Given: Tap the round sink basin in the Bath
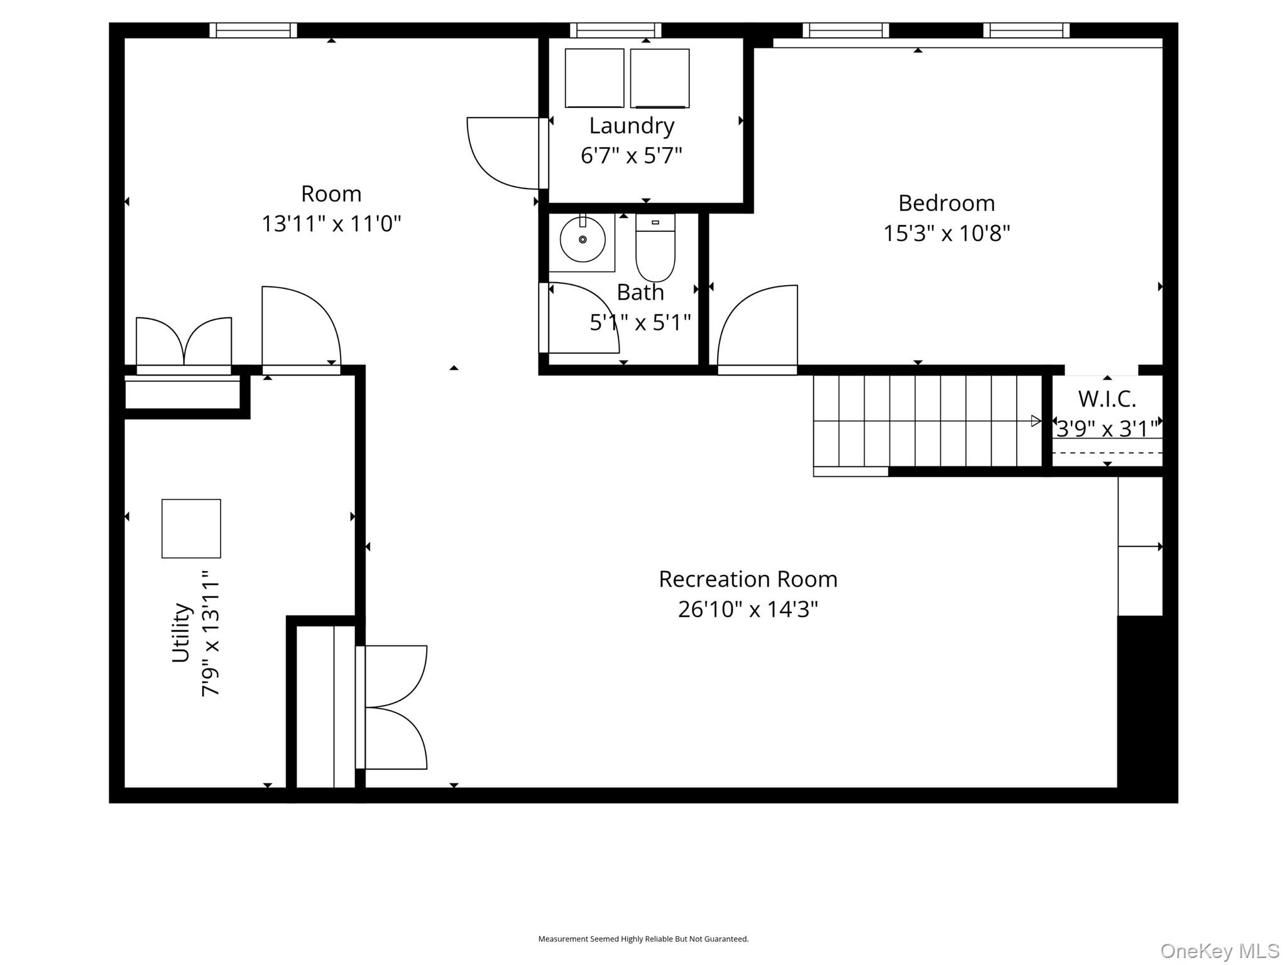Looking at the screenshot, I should pyautogui.click(x=583, y=239).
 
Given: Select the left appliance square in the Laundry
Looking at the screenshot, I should pyautogui.click(x=594, y=78).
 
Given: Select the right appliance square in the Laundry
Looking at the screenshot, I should pyautogui.click(x=660, y=78).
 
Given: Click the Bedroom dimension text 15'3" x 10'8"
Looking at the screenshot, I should pyautogui.click(x=946, y=234).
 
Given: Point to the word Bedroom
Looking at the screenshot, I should pyautogui.click(x=946, y=204).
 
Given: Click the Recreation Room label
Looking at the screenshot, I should pyautogui.click(x=748, y=579).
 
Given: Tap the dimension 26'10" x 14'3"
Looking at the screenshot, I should pyautogui.click(x=748, y=609).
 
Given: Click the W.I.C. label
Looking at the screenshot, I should pyautogui.click(x=1107, y=399).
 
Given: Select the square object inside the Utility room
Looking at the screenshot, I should pyautogui.click(x=191, y=528).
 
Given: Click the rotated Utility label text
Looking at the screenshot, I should pyautogui.click(x=181, y=632).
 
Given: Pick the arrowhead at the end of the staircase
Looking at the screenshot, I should pyautogui.click(x=1036, y=421).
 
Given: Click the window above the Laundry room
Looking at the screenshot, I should pyautogui.click(x=616, y=30).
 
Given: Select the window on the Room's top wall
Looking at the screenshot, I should pyautogui.click(x=253, y=30).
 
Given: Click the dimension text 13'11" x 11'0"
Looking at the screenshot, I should pyautogui.click(x=331, y=224).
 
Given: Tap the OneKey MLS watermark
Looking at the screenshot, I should pyautogui.click(x=1219, y=951).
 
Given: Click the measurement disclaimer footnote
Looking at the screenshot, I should pyautogui.click(x=643, y=939).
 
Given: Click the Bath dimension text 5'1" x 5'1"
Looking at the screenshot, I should pyautogui.click(x=640, y=323).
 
